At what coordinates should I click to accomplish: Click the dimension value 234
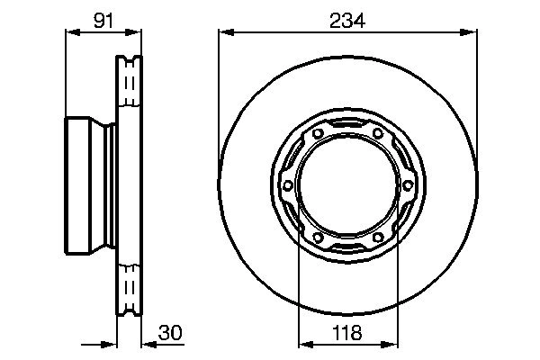point(346,21)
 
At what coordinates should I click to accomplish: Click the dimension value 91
point(103,21)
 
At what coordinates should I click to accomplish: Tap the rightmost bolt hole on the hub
point(408,186)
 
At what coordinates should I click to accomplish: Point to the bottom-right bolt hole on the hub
point(378,238)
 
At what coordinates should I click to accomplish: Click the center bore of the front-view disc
point(347,186)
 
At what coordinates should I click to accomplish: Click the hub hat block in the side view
point(88,187)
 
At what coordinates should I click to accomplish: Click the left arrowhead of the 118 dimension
point(303,343)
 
